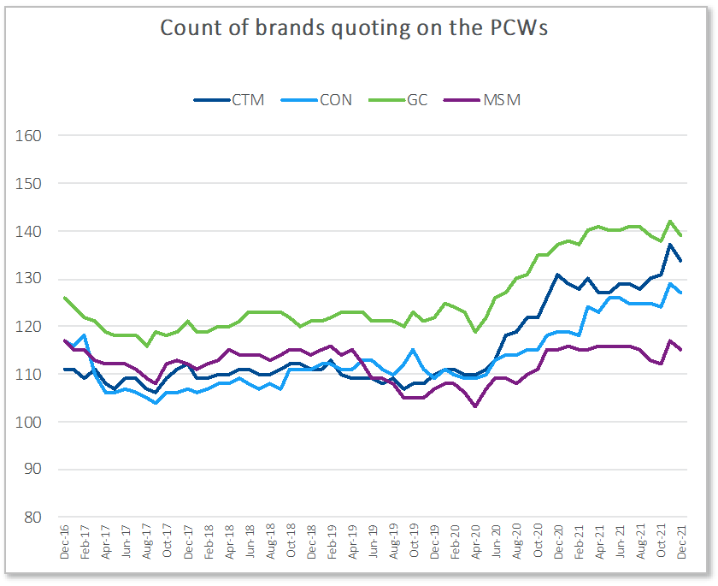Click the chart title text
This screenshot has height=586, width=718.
click(x=354, y=28)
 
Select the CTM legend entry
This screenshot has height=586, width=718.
click(x=247, y=100)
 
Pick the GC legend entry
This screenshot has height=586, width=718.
click(x=417, y=100)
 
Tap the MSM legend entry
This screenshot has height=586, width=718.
click(x=502, y=100)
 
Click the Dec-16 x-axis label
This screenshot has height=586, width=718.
click(x=66, y=544)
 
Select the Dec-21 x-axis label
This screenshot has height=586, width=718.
click(x=681, y=544)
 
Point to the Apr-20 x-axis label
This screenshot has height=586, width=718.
click(x=476, y=544)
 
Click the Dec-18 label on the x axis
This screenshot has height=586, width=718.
click(x=312, y=544)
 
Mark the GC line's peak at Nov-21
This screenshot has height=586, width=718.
click(x=671, y=221)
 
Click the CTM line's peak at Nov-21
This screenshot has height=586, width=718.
click(x=671, y=245)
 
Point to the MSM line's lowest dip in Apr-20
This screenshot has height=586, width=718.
click(x=476, y=406)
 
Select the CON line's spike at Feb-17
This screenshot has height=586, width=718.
click(x=85, y=335)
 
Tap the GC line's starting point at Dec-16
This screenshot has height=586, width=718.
click(x=66, y=298)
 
